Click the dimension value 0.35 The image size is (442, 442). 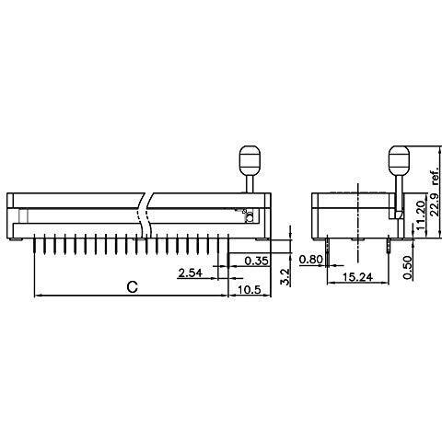[x=257, y=261]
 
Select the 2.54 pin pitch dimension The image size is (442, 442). [x=191, y=273]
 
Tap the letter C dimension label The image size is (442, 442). [x=133, y=287]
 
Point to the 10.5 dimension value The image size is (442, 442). [x=249, y=289]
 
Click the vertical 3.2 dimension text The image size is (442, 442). [x=285, y=277]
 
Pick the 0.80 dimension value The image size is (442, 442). [x=311, y=260]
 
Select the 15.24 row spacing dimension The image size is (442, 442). [x=357, y=277]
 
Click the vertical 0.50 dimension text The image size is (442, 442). [x=408, y=267]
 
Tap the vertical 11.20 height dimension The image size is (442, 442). [x=422, y=215]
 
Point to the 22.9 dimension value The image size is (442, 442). [x=435, y=205]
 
